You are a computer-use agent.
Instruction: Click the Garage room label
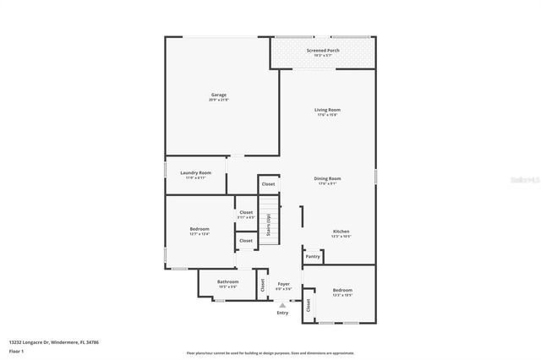pyautogui.click(x=218, y=95)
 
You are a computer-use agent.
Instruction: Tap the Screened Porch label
pyautogui.click(x=324, y=51)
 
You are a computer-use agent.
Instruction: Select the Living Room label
pyautogui.click(x=327, y=110)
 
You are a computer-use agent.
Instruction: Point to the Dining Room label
pyautogui.click(x=327, y=178)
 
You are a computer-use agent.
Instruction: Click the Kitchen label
pyautogui.click(x=341, y=232)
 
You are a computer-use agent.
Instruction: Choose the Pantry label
pyautogui.click(x=313, y=256)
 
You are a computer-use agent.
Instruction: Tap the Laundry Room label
pyautogui.click(x=195, y=172)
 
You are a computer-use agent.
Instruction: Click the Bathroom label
pyautogui.click(x=228, y=281)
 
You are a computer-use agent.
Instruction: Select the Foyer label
pyautogui.click(x=284, y=284)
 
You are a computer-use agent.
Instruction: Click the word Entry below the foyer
pyautogui.click(x=282, y=314)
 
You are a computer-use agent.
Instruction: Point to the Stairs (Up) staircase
pyautogui.click(x=268, y=220)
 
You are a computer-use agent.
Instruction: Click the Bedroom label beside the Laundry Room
pyautogui.click(x=199, y=228)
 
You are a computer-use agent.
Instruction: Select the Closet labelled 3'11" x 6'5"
pyautogui.click(x=246, y=212)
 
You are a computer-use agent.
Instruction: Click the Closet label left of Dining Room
pyautogui.click(x=268, y=183)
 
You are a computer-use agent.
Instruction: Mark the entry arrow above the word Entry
pyautogui.click(x=282, y=305)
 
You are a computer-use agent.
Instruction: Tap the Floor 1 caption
pyautogui.click(x=16, y=349)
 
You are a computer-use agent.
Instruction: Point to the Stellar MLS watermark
pyautogui.click(x=523, y=179)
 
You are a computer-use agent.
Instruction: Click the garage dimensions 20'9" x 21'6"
pyautogui.click(x=218, y=100)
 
